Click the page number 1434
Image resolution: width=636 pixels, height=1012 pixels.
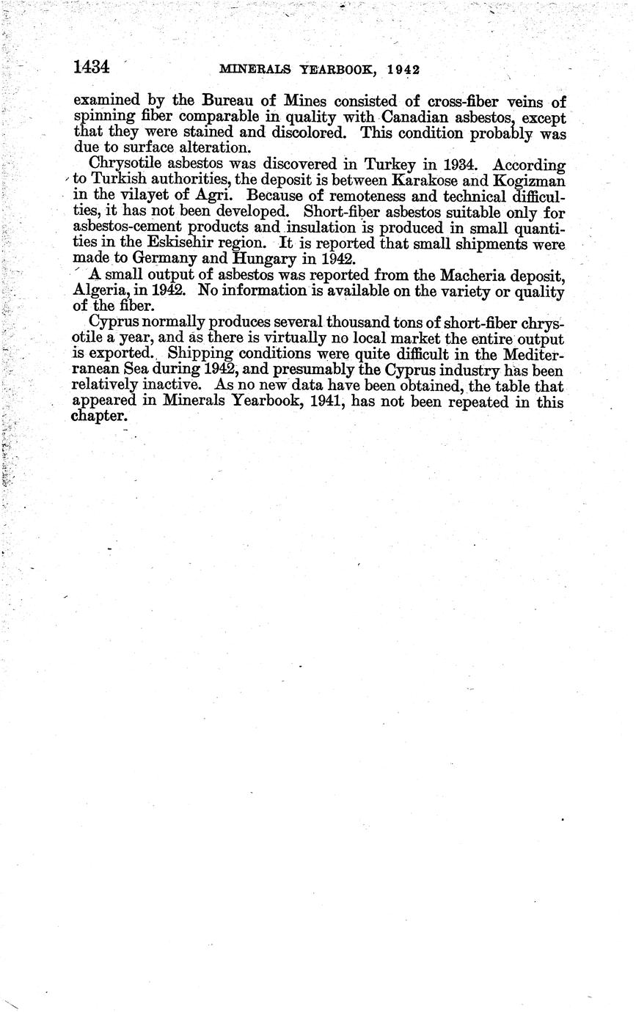(92, 67)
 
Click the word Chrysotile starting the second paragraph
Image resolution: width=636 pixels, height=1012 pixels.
(124, 165)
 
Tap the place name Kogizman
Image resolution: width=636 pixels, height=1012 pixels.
(528, 181)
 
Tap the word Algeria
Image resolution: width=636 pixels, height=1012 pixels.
(100, 291)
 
